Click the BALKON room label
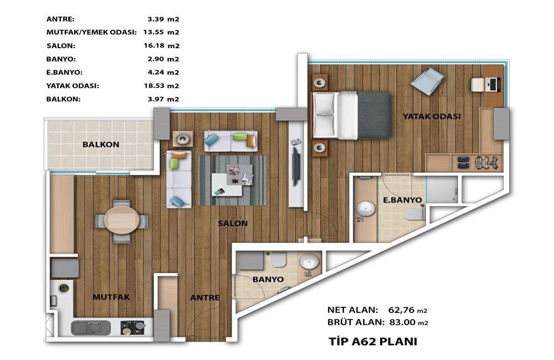(x=101, y=145)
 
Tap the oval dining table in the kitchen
(x=121, y=220)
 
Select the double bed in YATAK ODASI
(x=352, y=115)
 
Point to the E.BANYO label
(x=402, y=200)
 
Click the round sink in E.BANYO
(x=365, y=208)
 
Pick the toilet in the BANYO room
(x=279, y=260)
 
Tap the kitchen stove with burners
(x=133, y=327)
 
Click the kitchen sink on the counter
(x=91, y=328)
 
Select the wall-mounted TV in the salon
(x=296, y=166)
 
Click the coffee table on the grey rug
(x=232, y=180)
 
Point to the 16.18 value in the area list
(x=154, y=45)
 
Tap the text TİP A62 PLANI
(x=373, y=341)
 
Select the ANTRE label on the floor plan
(x=205, y=297)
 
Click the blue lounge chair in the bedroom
(x=427, y=81)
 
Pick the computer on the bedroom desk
(x=494, y=84)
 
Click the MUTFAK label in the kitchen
(x=111, y=297)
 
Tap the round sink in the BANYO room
(x=309, y=263)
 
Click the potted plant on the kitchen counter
(x=64, y=288)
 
